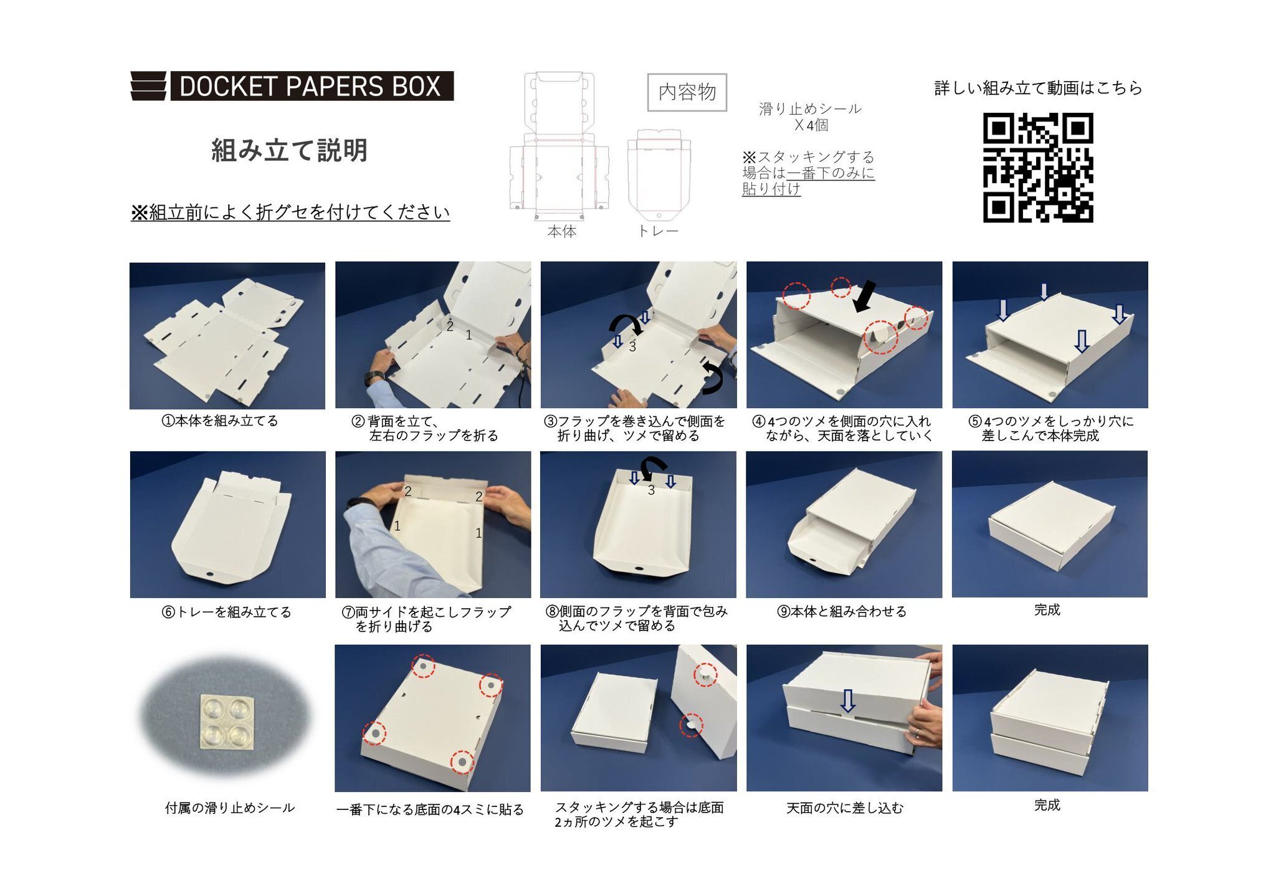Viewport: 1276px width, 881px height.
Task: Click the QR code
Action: pyautogui.click(x=1038, y=167)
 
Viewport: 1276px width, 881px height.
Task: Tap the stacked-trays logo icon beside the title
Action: pyautogui.click(x=148, y=86)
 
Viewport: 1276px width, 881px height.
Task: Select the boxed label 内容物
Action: pyautogui.click(x=687, y=92)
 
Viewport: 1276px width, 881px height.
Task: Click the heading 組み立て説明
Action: pyautogui.click(x=290, y=150)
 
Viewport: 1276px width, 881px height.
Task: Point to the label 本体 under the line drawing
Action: pyautogui.click(x=561, y=231)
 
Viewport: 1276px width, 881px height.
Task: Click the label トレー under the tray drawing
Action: pyautogui.click(x=657, y=231)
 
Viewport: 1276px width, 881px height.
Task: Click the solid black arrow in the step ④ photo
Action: pyautogui.click(x=864, y=296)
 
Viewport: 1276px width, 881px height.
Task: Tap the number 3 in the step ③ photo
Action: pyautogui.click(x=632, y=346)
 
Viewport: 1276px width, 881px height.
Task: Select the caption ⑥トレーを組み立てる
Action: pyautogui.click(x=227, y=612)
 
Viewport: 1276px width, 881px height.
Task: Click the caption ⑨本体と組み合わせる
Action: pyautogui.click(x=842, y=611)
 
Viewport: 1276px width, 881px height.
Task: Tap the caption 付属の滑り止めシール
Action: pyautogui.click(x=229, y=808)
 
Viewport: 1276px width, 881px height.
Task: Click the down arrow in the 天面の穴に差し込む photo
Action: pyautogui.click(x=847, y=700)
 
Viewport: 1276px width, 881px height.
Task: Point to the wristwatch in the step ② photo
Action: pyautogui.click(x=374, y=377)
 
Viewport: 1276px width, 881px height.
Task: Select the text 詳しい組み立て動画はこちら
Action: pyautogui.click(x=1038, y=88)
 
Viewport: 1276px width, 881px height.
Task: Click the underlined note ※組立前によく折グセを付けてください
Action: pyautogui.click(x=290, y=212)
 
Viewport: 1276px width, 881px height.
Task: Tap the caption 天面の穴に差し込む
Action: pyautogui.click(x=844, y=808)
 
